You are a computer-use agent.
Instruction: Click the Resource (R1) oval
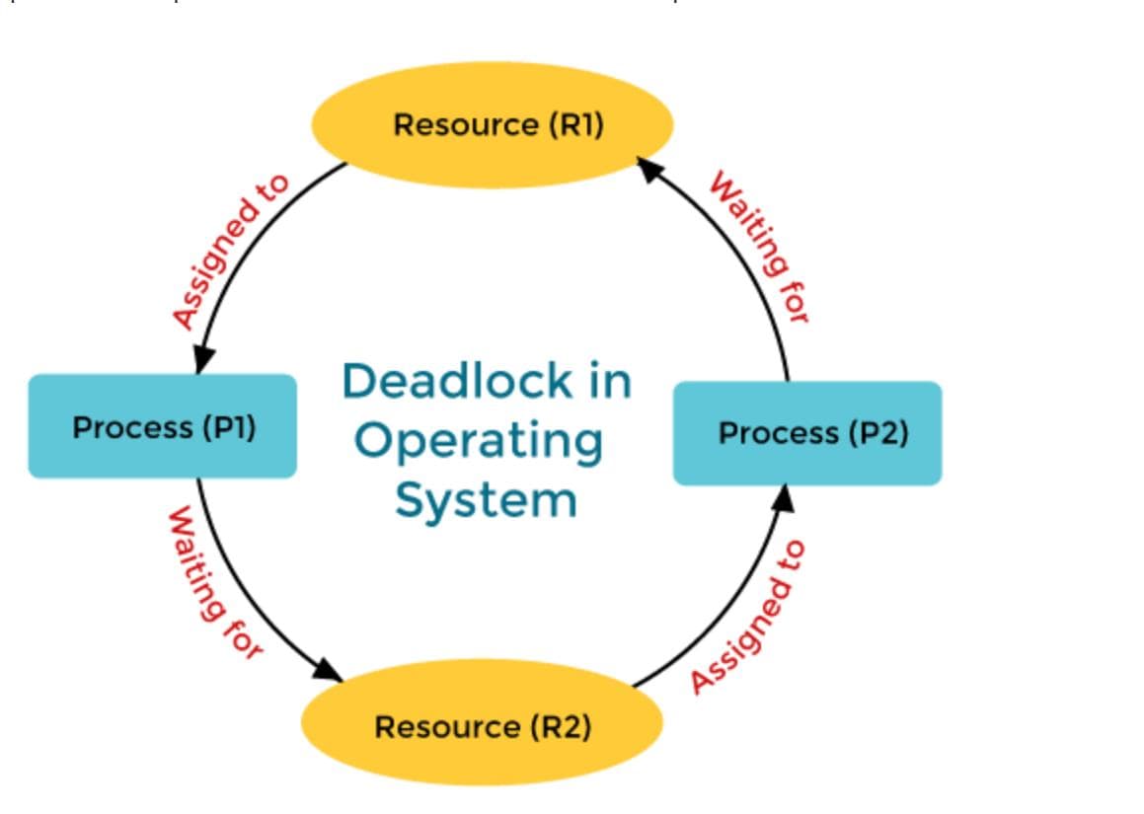pos(492,125)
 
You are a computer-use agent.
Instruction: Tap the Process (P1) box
pos(162,426)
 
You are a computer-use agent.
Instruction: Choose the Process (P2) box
pos(807,433)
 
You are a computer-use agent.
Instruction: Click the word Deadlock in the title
pos(458,381)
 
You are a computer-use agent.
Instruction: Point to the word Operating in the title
pos(479,441)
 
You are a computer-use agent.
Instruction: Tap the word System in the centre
pos(486,499)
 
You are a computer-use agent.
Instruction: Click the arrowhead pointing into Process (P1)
pos(203,359)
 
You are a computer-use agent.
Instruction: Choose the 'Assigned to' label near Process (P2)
pos(748,616)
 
